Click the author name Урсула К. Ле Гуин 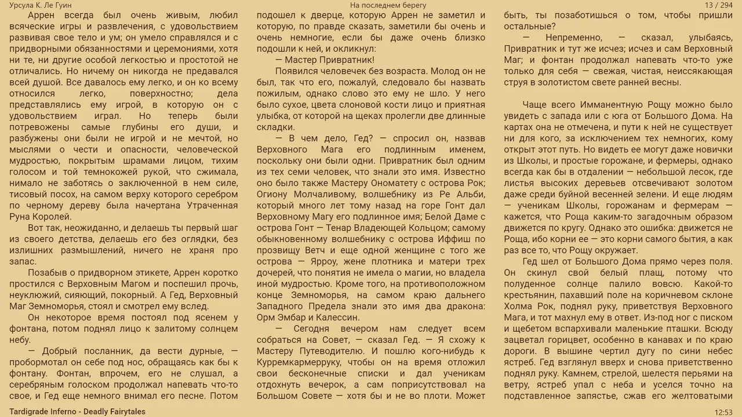point(41,5)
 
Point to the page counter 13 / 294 point(719,5)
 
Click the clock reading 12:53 point(723,412)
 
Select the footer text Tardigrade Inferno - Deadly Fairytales point(77,412)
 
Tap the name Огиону point(275,195)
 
